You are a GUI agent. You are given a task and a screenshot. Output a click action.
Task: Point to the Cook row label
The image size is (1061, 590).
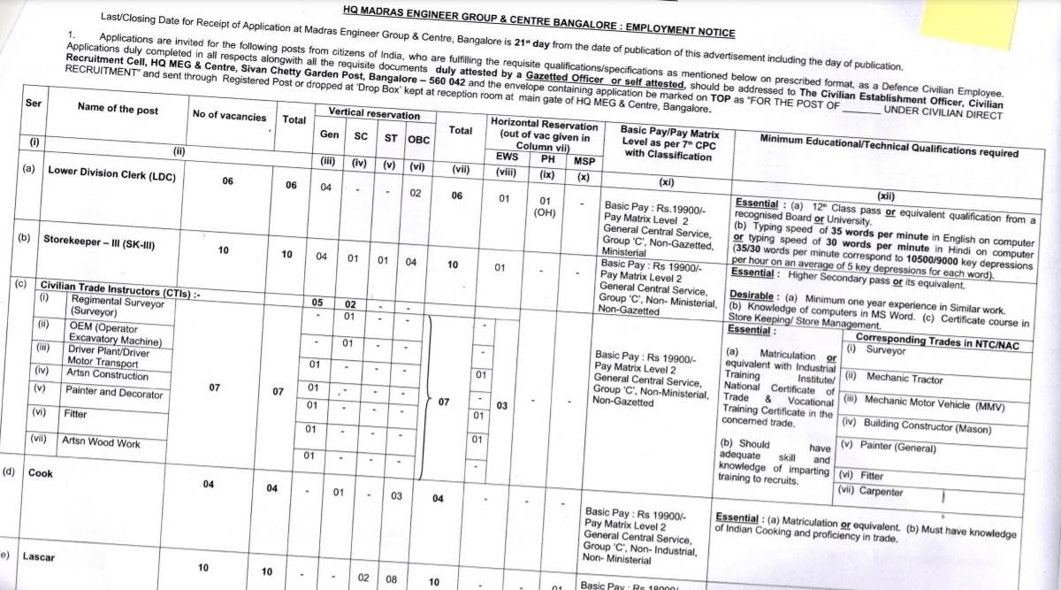pyautogui.click(x=41, y=473)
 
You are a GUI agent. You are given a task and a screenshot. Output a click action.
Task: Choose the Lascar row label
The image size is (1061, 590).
pyautogui.click(x=40, y=557)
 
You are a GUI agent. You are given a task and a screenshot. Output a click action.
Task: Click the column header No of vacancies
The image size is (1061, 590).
pyautogui.click(x=228, y=117)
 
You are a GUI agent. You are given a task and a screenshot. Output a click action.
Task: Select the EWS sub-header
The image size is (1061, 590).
pyautogui.click(x=507, y=157)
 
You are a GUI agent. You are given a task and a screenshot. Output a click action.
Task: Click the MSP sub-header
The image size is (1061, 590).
pyautogui.click(x=584, y=161)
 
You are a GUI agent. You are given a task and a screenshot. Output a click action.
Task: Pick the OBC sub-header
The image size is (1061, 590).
pyautogui.click(x=418, y=140)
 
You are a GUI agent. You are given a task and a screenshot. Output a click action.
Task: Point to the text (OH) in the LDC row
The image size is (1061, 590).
pyautogui.click(x=545, y=213)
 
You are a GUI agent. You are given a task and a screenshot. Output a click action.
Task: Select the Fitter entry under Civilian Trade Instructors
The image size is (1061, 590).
pyautogui.click(x=76, y=413)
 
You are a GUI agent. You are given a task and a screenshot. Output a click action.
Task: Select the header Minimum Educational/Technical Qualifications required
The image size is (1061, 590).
pyautogui.click(x=889, y=147)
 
